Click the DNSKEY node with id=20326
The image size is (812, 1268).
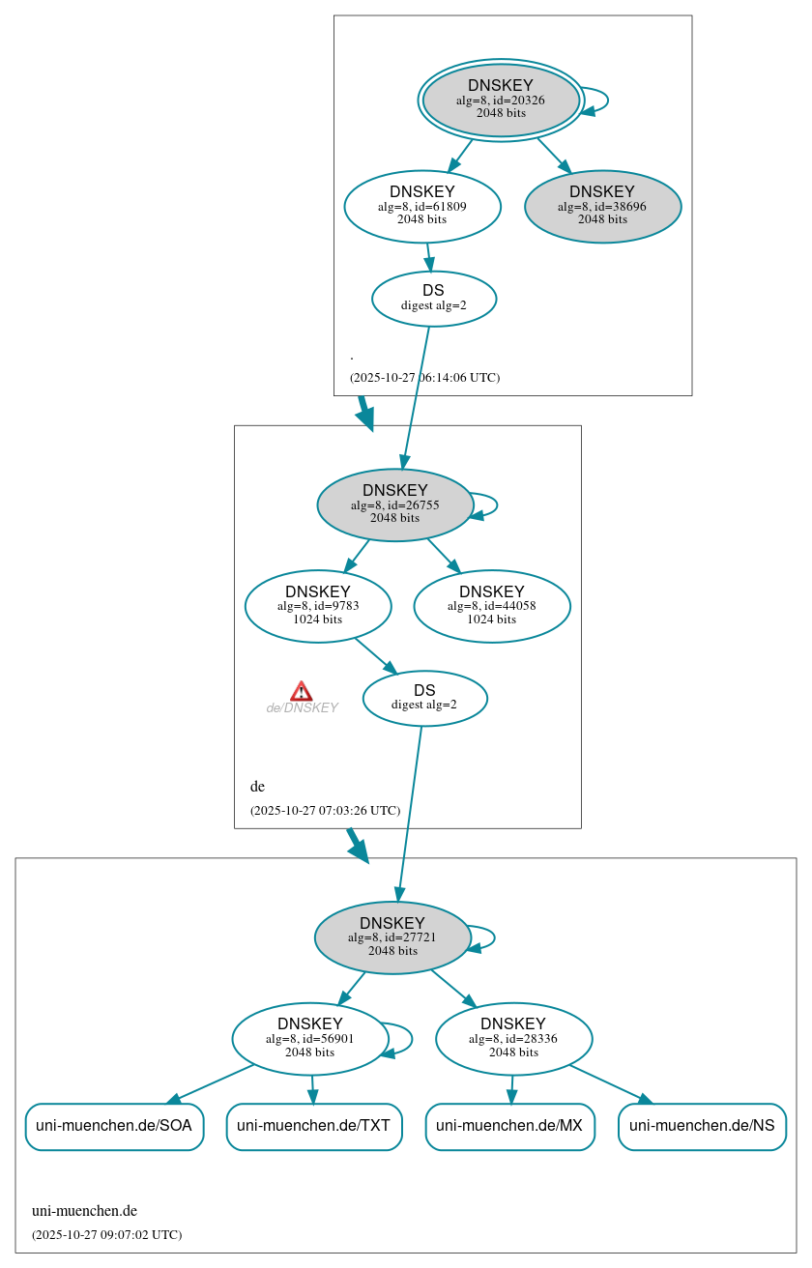click(x=501, y=100)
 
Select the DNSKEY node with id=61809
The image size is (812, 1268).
click(x=422, y=206)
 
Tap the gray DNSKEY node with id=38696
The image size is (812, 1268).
click(x=602, y=206)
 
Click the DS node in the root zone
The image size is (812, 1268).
click(x=434, y=299)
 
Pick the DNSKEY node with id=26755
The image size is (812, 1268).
click(x=394, y=504)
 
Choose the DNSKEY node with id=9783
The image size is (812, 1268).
click(x=318, y=606)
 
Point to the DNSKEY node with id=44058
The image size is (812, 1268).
click(x=492, y=606)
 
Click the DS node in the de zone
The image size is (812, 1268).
click(x=424, y=698)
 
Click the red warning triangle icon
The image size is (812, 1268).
click(x=302, y=691)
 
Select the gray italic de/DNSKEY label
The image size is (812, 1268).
click(x=302, y=708)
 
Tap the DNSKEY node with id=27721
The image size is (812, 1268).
click(x=392, y=937)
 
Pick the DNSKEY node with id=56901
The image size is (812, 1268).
click(x=310, y=1038)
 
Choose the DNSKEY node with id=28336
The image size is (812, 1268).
click(x=513, y=1038)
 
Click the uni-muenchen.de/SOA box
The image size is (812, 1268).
click(x=114, y=1126)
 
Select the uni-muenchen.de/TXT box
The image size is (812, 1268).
click(x=314, y=1126)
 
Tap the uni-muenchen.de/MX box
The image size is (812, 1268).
click(x=509, y=1126)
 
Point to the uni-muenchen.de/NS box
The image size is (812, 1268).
click(x=702, y=1126)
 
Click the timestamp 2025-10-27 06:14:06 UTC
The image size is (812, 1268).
click(x=424, y=378)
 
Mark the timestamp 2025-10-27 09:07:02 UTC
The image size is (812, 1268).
click(x=106, y=1235)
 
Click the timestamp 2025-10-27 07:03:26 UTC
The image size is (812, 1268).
click(x=325, y=811)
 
